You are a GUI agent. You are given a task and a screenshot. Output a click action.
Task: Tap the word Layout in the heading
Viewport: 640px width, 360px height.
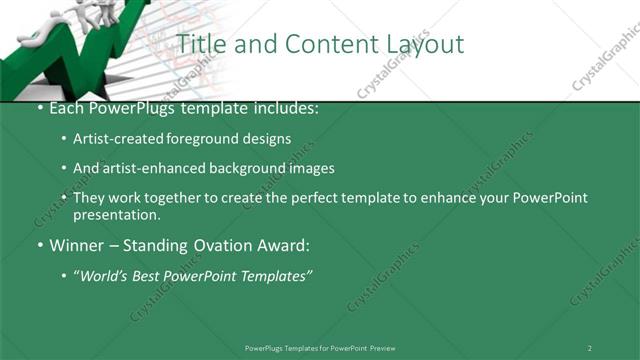[422, 44]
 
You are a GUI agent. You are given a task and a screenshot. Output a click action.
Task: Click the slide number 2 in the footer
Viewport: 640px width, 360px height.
[590, 347]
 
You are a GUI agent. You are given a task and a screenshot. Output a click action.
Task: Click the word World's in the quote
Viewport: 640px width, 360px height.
[107, 275]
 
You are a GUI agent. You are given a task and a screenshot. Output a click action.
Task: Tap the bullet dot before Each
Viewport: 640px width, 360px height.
[38, 108]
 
